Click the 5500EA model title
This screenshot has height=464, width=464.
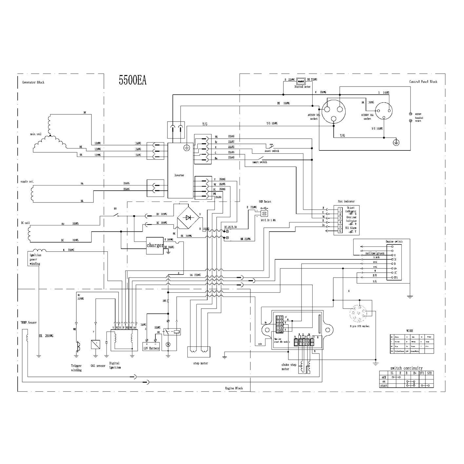point(132,80)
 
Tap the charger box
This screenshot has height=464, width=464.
point(155,245)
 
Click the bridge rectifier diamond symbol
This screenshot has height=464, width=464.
point(188,217)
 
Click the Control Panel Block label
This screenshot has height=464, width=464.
point(423,82)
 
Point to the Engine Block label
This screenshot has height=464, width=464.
point(234,388)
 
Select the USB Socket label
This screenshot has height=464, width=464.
point(265,202)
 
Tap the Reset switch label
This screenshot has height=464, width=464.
point(272,151)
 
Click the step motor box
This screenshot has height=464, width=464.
point(198,352)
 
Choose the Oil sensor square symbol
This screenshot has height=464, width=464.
point(96,344)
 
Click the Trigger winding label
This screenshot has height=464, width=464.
point(76,368)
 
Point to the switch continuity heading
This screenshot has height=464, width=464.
point(406,368)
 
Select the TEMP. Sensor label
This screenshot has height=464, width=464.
point(29,322)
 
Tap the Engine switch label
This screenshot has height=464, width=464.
point(394,242)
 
